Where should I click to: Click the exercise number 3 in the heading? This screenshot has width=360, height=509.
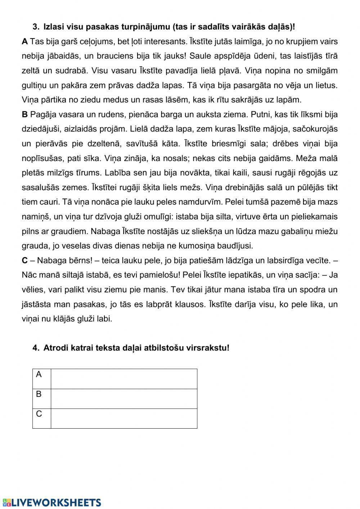click(35, 27)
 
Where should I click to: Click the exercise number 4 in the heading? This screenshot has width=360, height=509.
click(35, 348)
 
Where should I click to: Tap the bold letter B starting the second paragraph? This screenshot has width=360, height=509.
click(24, 115)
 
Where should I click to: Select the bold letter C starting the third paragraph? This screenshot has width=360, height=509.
click(24, 260)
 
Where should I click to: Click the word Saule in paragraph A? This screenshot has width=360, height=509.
click(199, 56)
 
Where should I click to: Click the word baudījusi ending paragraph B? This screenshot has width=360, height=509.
click(234, 246)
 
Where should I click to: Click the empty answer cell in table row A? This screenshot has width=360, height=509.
click(124, 379)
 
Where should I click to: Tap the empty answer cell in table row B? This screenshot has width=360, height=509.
click(124, 399)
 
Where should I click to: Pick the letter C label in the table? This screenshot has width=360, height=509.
click(39, 414)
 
